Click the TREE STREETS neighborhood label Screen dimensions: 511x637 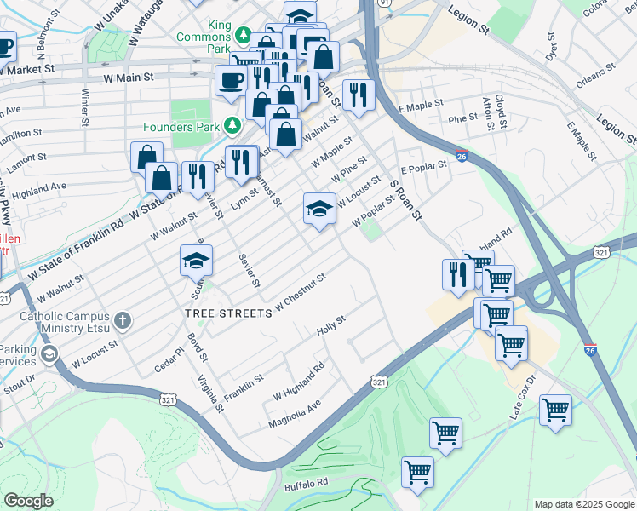[228, 313]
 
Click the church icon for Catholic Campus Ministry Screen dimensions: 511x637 [123, 321]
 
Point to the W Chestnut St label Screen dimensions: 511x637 [301, 292]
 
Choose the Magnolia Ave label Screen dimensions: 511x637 [295, 409]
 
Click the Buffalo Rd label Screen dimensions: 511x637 [306, 483]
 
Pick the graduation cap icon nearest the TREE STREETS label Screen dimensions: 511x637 [196, 260]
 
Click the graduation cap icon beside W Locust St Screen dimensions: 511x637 [318, 210]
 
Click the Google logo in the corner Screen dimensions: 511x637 [28, 501]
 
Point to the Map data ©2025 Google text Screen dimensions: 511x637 [584, 504]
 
